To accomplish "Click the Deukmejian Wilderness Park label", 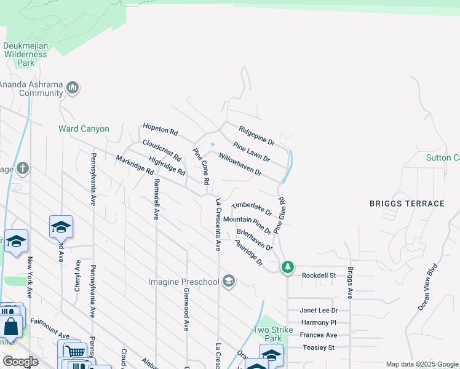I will (25, 54).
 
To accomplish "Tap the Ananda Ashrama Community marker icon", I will (73, 89).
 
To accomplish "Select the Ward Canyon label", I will (84, 129).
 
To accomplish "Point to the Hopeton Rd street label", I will (160, 129).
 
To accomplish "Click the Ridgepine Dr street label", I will (256, 136).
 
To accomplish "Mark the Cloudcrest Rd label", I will (162, 151).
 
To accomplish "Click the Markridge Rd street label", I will (135, 165).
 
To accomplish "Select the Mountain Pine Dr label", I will (247, 224).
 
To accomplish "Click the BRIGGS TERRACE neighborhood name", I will (406, 204).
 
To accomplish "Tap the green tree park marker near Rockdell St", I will (287, 267).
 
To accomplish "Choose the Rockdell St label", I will (319, 276).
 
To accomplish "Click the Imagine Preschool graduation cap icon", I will (229, 282).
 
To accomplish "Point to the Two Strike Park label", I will (268, 334).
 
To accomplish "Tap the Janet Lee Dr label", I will (319, 311).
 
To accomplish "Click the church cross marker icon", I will (22, 169).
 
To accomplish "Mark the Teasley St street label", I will (317, 347).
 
